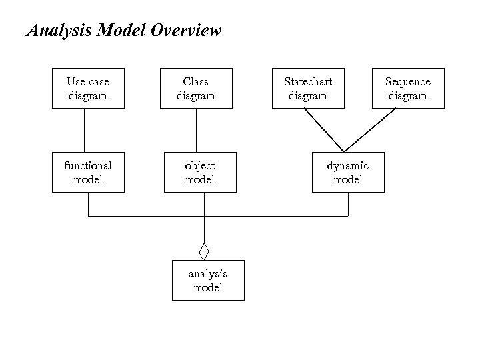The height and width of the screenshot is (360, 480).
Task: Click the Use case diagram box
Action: pos(88,88)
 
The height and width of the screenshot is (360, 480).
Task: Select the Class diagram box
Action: pos(195,88)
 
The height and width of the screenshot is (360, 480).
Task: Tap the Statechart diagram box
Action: pos(308,88)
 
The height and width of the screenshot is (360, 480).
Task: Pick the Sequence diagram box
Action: pos(408,88)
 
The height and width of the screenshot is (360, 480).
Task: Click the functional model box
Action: pos(88,172)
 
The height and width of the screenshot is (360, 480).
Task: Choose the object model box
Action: pos(200,172)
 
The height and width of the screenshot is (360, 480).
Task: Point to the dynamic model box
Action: pos(348,172)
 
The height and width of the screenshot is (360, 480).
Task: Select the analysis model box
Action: pos(208,281)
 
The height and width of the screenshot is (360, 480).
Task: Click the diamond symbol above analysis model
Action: pos(204,252)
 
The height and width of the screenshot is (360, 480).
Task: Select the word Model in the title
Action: pos(121,31)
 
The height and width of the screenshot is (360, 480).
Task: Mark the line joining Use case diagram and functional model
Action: pos(84,130)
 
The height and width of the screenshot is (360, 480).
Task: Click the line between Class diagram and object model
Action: pos(196,130)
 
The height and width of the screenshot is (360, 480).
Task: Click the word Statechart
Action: pos(308,82)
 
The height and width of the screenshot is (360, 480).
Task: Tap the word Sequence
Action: pos(408,82)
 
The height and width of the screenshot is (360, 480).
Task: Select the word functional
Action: pos(88,165)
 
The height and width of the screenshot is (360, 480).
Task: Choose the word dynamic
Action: pos(347,165)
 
